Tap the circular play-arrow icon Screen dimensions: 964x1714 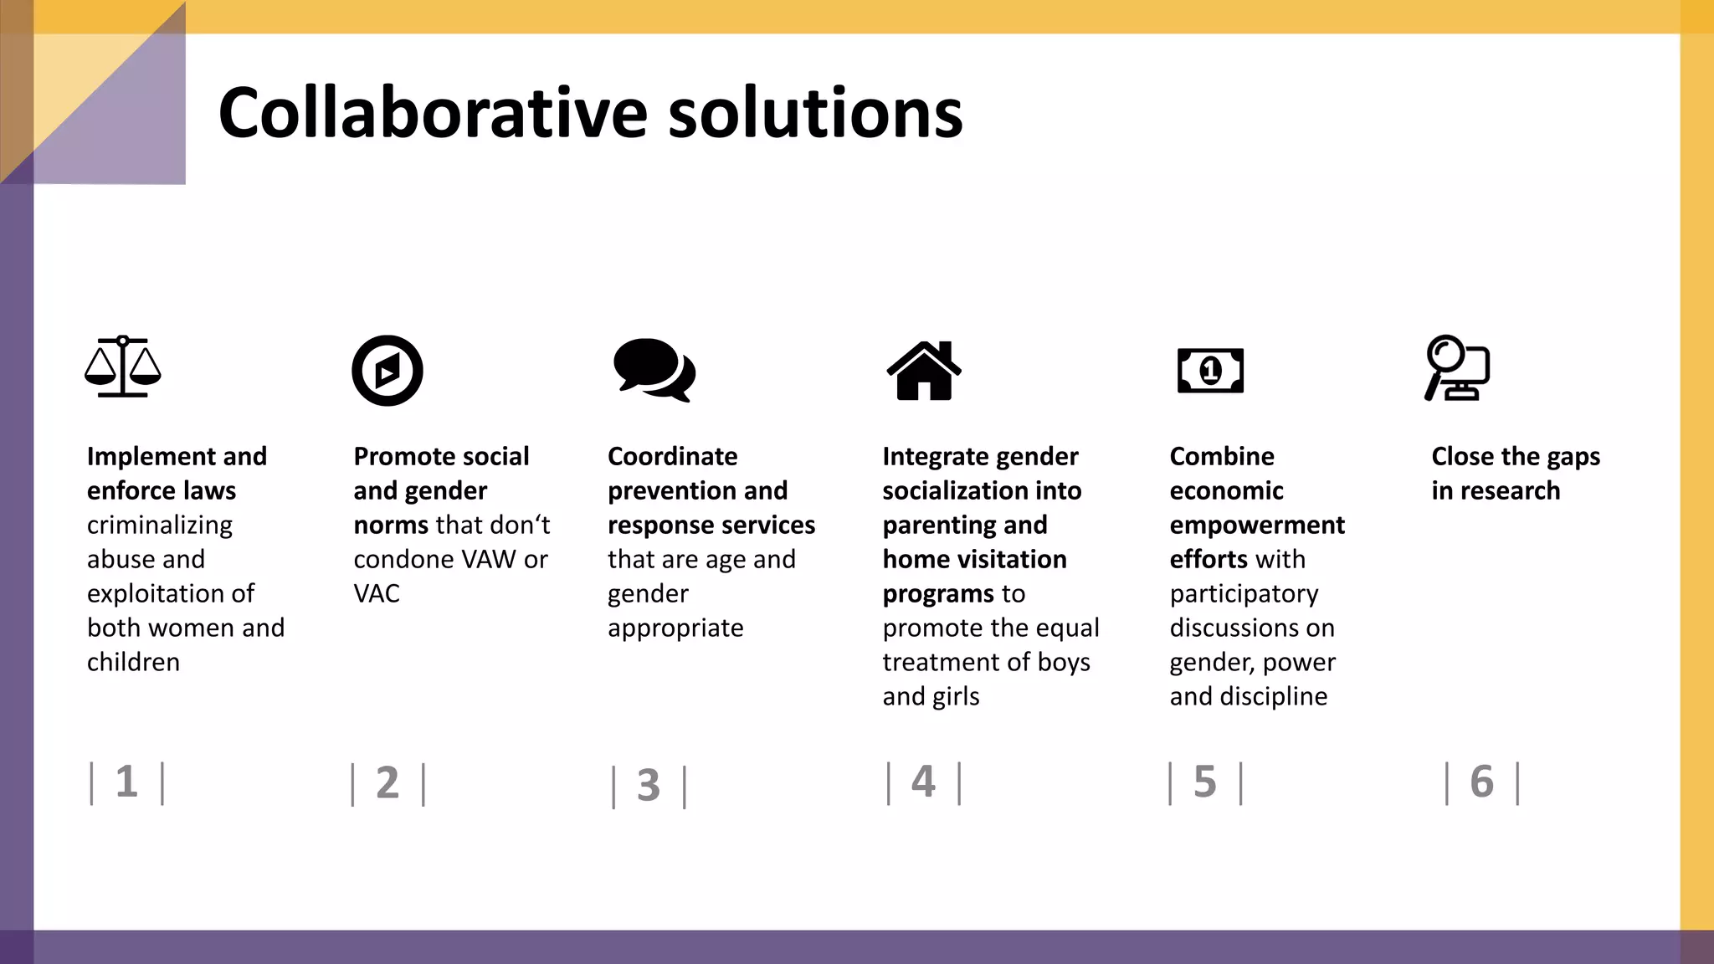coord(387,371)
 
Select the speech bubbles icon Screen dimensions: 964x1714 coord(654,370)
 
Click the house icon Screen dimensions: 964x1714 coord(924,371)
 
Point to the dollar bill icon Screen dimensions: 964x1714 coord(1210,371)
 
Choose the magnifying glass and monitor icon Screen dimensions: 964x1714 coord(1457,368)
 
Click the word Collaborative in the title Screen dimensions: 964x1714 coord(433,113)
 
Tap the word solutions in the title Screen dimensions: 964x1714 coord(815,113)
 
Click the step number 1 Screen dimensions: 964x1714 coord(126,782)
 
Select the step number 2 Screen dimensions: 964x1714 coord(387,784)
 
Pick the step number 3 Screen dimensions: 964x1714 coord(649,786)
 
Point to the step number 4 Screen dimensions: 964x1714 coord(923,782)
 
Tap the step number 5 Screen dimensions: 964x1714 coord(1204,782)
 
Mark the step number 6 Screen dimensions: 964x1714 coord(1481,782)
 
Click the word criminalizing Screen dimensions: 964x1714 coord(160,526)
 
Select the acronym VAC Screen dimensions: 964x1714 coord(377,594)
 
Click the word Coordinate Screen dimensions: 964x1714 coord(672,457)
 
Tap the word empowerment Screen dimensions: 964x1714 coord(1257,526)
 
